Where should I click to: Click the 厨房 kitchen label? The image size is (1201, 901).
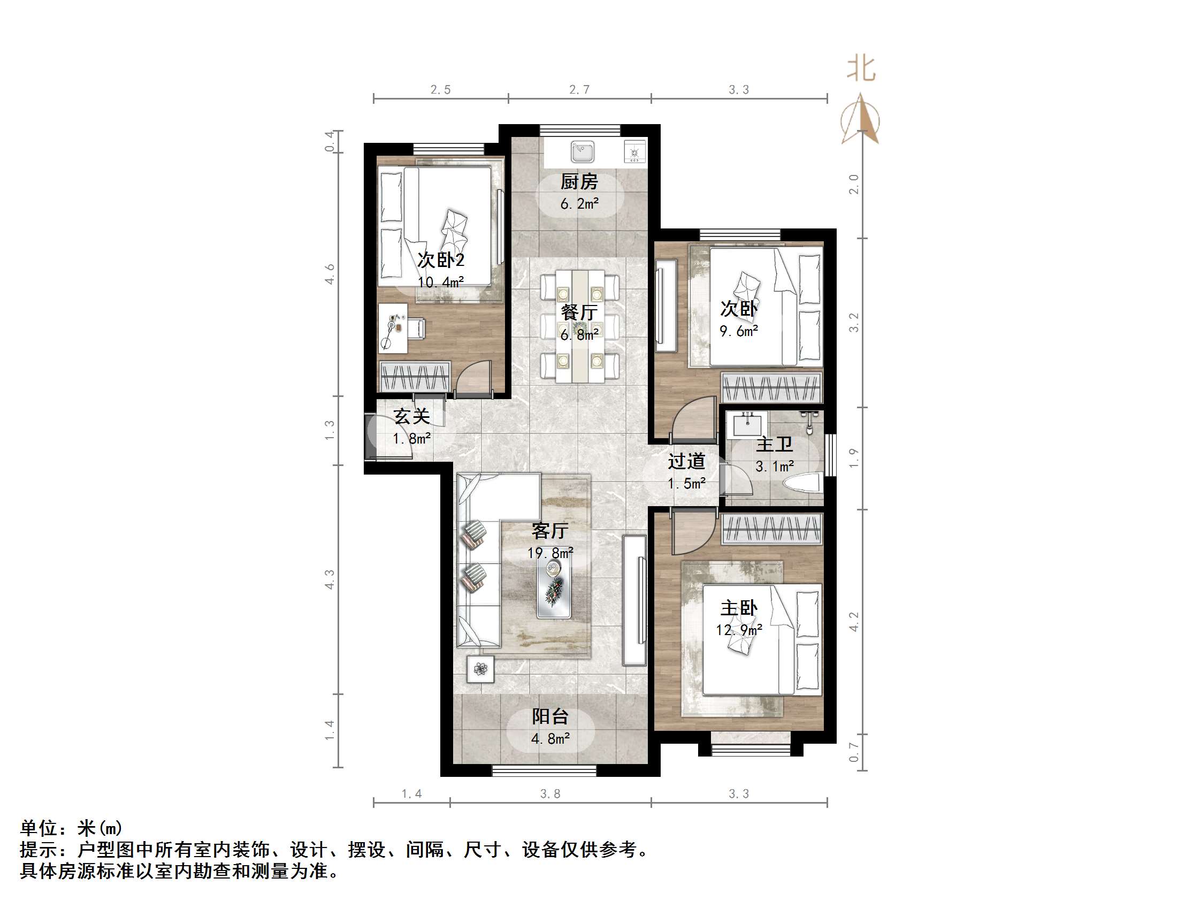(579, 181)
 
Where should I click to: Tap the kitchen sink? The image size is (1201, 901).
(583, 151)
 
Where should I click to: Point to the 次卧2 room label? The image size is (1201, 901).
(441, 260)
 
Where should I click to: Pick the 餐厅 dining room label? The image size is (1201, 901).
(579, 312)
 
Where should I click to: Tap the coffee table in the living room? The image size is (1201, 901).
(554, 589)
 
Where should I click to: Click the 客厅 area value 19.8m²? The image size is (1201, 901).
(550, 553)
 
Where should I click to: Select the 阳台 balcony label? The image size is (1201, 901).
(550, 716)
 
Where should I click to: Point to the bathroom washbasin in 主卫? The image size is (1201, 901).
(750, 424)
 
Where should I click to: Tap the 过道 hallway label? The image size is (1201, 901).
(686, 461)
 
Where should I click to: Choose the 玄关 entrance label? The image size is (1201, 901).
(411, 417)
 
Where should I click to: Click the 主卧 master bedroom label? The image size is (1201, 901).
(738, 608)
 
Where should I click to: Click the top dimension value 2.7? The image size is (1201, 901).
(579, 89)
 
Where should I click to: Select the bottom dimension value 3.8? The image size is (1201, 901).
(550, 794)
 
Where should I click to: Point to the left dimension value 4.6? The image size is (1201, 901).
(330, 274)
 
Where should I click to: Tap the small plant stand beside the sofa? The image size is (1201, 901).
(480, 669)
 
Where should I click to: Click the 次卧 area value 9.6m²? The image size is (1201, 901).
(738, 331)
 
